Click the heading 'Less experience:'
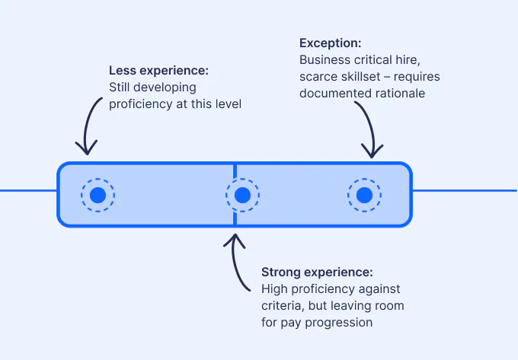point(158,71)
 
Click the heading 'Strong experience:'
point(317,272)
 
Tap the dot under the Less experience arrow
point(98,196)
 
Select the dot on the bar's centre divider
point(242,196)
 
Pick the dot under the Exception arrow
point(364,196)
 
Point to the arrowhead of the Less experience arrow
point(86,149)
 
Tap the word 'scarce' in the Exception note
point(319,77)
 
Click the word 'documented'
point(332,94)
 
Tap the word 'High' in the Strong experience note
point(275,288)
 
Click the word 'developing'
point(167,88)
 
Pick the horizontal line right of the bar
point(465,190)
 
